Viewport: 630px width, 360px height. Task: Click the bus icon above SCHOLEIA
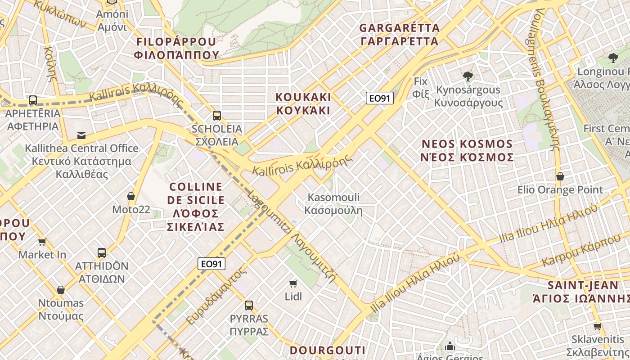coord(217,116)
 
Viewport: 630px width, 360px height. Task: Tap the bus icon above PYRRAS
coord(249,306)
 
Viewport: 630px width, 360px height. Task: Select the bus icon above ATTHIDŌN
coord(102,253)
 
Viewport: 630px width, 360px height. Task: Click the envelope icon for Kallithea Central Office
coord(81,135)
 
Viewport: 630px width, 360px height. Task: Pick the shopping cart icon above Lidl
coord(293,283)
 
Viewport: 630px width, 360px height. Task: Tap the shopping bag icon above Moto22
coord(131,196)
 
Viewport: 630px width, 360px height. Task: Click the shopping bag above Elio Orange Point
coord(560,176)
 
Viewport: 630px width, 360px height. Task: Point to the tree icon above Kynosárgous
coord(468,76)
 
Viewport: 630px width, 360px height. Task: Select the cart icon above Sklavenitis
coord(597,326)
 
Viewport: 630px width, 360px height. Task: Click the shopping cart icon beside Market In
coord(42,242)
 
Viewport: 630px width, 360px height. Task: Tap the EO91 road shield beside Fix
coord(380,98)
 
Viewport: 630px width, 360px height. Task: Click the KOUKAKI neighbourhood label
coord(303,103)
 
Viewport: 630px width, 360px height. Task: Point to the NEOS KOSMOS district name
coord(467,150)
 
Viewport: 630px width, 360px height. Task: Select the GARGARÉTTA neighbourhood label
coord(399,35)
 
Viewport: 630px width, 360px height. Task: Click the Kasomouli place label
coord(333,203)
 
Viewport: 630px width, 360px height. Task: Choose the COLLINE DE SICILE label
coord(196,206)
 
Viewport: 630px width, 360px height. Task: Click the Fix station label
coord(420,87)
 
